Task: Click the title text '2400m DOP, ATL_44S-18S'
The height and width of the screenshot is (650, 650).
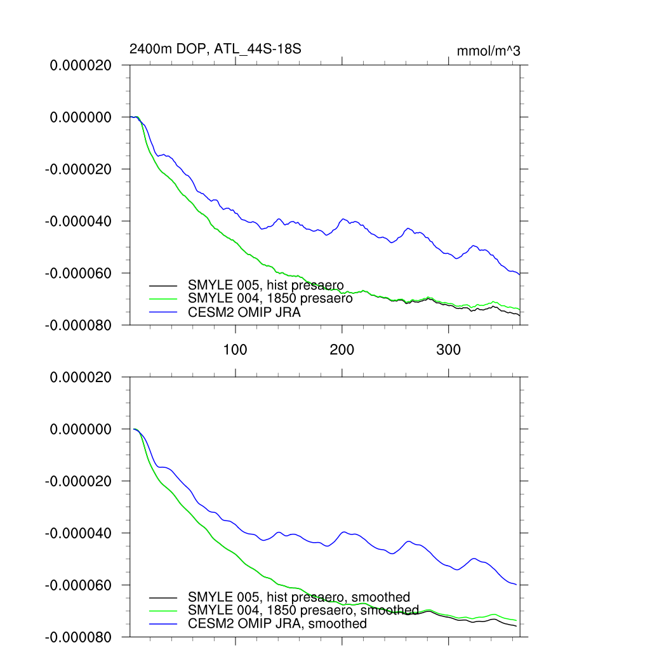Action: (x=210, y=50)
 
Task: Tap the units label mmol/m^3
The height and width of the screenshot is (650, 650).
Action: (x=488, y=51)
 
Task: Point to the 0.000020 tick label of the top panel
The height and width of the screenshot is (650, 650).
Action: (x=81, y=65)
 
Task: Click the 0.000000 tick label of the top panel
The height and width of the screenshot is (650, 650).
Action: (x=81, y=117)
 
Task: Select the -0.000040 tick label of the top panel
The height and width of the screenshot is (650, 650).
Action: (x=78, y=222)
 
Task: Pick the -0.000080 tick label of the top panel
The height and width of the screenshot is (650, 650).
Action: (x=78, y=326)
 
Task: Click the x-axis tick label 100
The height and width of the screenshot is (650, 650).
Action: (x=235, y=349)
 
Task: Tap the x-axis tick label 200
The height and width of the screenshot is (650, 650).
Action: (x=342, y=349)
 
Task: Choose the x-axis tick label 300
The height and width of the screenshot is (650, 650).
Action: (x=449, y=349)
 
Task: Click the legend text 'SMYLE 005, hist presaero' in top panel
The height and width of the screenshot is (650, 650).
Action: (x=266, y=286)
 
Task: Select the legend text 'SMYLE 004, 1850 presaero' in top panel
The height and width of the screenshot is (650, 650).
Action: (x=270, y=298)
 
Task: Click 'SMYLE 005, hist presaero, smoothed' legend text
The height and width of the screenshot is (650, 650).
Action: (x=299, y=597)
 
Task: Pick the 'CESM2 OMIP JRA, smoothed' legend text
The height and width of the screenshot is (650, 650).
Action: (x=277, y=624)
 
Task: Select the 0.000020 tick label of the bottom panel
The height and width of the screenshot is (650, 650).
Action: (x=81, y=378)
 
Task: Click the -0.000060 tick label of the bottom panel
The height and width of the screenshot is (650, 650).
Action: (x=78, y=585)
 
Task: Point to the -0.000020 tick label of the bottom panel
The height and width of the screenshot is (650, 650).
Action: (x=78, y=481)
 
